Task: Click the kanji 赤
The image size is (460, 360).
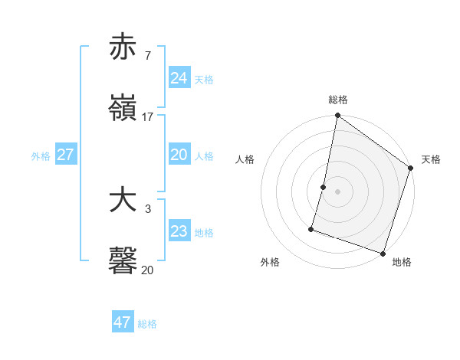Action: (x=123, y=47)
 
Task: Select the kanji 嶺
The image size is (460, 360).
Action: (x=123, y=108)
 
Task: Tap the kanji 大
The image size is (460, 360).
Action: (x=123, y=200)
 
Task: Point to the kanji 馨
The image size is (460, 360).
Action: (x=123, y=261)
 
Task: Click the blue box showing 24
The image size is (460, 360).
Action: (x=179, y=78)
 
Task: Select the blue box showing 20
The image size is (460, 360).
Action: (x=179, y=155)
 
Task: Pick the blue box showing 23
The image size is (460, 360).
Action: (x=179, y=231)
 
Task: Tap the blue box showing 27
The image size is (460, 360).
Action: (x=65, y=155)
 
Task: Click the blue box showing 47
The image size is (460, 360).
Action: (x=122, y=322)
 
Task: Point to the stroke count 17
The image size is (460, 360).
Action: (x=148, y=117)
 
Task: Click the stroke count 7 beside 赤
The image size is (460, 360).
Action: (x=147, y=55)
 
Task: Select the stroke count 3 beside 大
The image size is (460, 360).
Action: (x=147, y=208)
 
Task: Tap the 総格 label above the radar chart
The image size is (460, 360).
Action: (x=338, y=100)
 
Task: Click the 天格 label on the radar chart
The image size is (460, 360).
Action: (x=431, y=159)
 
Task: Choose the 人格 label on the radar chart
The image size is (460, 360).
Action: (x=245, y=159)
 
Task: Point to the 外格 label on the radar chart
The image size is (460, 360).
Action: (x=270, y=262)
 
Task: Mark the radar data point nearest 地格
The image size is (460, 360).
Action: (x=382, y=253)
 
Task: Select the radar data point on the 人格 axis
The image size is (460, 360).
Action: (x=324, y=187)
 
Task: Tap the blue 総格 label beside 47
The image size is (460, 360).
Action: (x=147, y=324)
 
